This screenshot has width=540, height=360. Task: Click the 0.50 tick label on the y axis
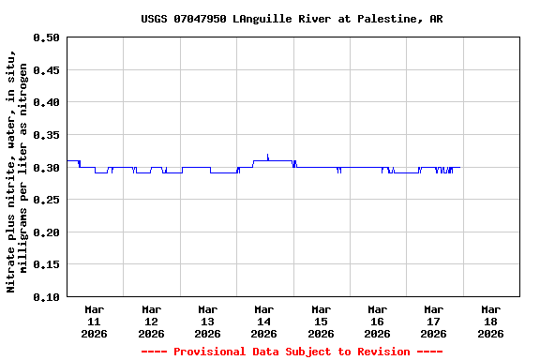pyautogui.click(x=45, y=37)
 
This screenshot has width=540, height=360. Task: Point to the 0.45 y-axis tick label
pyautogui.click(x=45, y=70)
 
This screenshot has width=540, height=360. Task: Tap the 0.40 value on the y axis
pyautogui.click(x=45, y=102)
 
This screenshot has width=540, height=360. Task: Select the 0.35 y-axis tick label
pyautogui.click(x=45, y=135)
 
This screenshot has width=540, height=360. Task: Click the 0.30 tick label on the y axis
pyautogui.click(x=45, y=168)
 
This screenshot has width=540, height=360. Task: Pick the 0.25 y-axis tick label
pyautogui.click(x=45, y=200)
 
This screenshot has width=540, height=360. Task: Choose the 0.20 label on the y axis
pyautogui.click(x=45, y=232)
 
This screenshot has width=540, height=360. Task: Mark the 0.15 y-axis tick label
pyautogui.click(x=45, y=264)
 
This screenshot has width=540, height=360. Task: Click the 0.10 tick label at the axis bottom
pyautogui.click(x=45, y=297)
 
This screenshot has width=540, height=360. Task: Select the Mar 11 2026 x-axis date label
pyautogui.click(x=95, y=321)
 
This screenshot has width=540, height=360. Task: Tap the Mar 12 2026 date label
pyautogui.click(x=151, y=321)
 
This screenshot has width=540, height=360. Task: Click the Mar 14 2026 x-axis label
pyautogui.click(x=264, y=321)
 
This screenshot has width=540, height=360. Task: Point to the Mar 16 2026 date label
pyautogui.click(x=377, y=321)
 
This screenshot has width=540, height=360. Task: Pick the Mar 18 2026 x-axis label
pyautogui.click(x=490, y=321)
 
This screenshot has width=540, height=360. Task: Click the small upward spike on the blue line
pyautogui.click(x=268, y=156)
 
